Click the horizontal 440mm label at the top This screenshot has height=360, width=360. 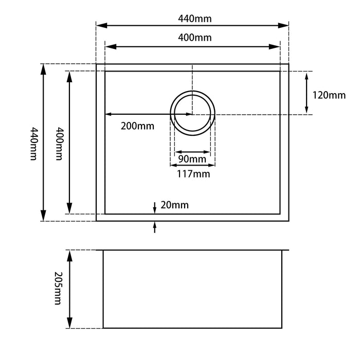click(x=192, y=19)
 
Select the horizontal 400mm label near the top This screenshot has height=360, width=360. click(x=192, y=38)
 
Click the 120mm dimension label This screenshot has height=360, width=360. click(x=329, y=95)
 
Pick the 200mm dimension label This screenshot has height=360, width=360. click(x=138, y=125)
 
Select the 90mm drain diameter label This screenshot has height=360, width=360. click(x=192, y=159)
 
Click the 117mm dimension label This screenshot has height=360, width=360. click(x=192, y=173)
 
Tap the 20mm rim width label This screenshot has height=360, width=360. click(x=174, y=205)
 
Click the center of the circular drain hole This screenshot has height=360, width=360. click(x=192, y=114)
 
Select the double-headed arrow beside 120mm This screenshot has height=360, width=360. click(x=307, y=93)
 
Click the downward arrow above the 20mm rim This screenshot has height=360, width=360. click(x=155, y=207)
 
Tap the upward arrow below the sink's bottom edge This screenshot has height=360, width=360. click(x=155, y=227)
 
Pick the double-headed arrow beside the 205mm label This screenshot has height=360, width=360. click(x=69, y=289)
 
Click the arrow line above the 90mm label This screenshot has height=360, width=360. click(x=192, y=152)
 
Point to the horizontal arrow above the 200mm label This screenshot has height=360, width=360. click(x=148, y=114)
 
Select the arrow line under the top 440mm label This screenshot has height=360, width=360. click(x=192, y=25)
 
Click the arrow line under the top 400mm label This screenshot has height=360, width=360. click(x=192, y=47)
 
